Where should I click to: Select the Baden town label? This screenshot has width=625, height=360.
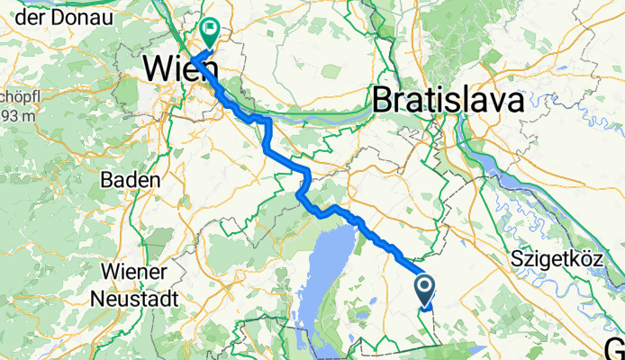click(131, 179)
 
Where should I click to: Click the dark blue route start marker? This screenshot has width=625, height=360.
click(425, 288)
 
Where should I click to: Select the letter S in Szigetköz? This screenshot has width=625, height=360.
click(517, 258)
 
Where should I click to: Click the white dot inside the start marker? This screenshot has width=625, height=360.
click(425, 287)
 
